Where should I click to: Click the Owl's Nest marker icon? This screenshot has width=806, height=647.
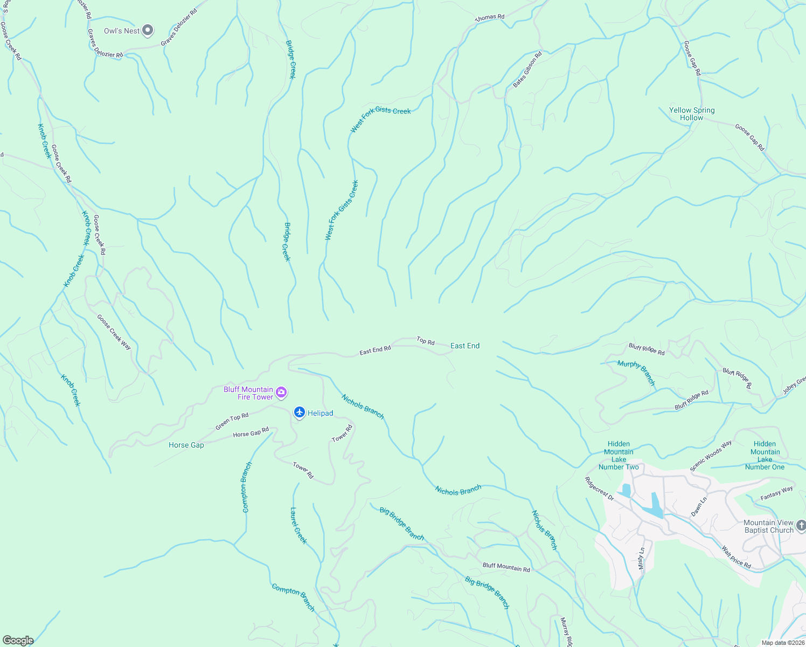tap(148, 31)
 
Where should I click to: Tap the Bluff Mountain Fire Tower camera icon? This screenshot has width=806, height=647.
tap(281, 393)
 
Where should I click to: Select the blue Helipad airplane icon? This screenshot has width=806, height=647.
tap(300, 412)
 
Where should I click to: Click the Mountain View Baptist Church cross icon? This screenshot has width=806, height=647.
tap(801, 525)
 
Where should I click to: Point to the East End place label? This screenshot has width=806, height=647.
tap(464, 346)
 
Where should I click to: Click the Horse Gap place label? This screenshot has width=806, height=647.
tap(186, 445)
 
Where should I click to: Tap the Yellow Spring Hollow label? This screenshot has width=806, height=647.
tap(692, 114)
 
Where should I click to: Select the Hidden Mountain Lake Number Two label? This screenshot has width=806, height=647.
tap(619, 456)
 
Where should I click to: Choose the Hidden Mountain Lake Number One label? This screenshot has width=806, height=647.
tap(765, 456)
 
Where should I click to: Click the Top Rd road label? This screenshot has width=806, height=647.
tap(426, 341)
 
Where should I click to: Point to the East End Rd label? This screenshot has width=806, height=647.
tap(375, 350)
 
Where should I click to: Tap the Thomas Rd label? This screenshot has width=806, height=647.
tap(489, 17)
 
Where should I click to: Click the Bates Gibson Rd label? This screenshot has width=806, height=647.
tap(527, 70)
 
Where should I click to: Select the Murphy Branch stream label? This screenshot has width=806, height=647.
tap(636, 373)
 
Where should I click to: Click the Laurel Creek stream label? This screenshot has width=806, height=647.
tap(298, 525)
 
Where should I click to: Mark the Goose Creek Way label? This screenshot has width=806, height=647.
tap(114, 332)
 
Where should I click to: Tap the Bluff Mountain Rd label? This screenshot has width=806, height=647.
tap(506, 567)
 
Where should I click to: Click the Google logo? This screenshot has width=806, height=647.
tap(18, 641)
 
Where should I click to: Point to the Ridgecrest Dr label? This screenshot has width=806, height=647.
tap(600, 488)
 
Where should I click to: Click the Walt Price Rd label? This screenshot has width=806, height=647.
tap(736, 557)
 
